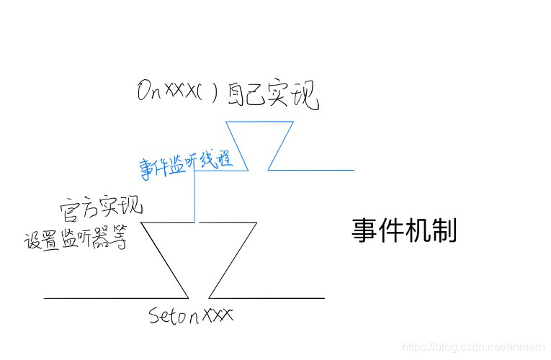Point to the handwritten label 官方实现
pos(102,208)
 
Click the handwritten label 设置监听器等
pos(76,240)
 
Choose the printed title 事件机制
pos(404,230)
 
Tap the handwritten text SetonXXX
pos(192,316)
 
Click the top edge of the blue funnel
pos(259,121)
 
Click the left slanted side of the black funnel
pos(165,260)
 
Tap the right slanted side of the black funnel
pos(233,260)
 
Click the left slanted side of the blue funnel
pos(237,145)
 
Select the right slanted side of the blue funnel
pos(281,145)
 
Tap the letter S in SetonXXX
pos(154,316)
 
